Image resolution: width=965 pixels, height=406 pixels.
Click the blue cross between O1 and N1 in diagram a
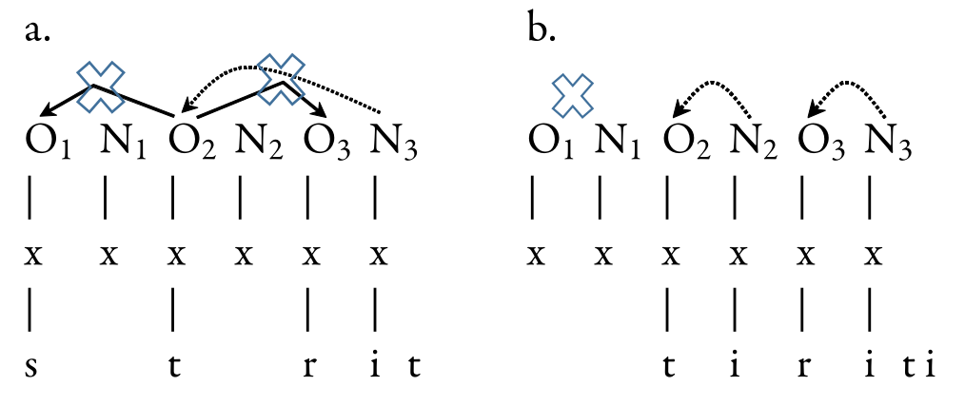coord(101,86)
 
